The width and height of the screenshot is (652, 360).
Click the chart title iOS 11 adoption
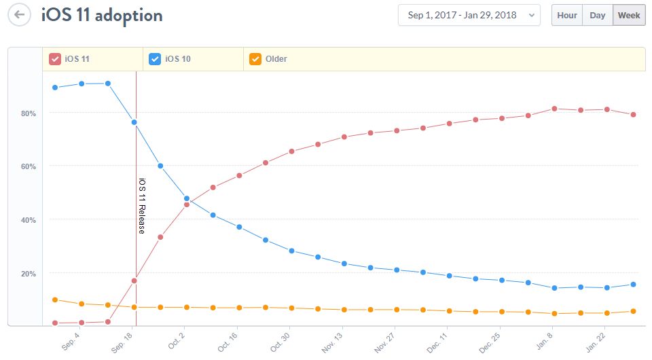point(102,14)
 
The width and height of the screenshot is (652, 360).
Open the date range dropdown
point(469,15)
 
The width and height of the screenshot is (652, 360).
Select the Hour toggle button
point(567,15)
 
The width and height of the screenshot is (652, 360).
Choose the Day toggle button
point(597,15)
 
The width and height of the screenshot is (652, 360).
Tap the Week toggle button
point(629,15)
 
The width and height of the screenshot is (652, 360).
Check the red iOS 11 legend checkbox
point(55,59)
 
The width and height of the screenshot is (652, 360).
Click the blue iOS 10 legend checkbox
point(156,59)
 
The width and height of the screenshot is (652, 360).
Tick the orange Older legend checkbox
point(256,59)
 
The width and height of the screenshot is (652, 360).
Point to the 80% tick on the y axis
point(29,113)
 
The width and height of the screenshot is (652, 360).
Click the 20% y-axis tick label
point(29,274)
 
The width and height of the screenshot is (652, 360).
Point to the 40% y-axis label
point(29,220)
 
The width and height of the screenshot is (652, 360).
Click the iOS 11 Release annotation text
point(141,205)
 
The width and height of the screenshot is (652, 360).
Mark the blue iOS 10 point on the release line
point(134,122)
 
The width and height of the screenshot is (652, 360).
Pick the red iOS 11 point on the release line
point(134,281)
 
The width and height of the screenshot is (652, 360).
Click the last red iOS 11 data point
point(633,114)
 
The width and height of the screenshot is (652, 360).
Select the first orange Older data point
point(55,300)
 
